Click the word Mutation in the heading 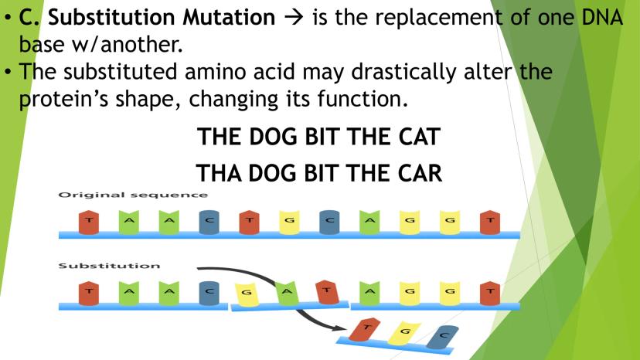point(229,17)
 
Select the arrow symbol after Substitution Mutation point(294,18)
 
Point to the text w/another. point(127,44)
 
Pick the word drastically point(403,73)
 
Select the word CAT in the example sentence point(420,136)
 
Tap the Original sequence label point(133,195)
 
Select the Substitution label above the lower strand point(109,266)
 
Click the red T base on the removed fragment point(365,330)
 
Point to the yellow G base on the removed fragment point(403,333)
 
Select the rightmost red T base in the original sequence point(490,222)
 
